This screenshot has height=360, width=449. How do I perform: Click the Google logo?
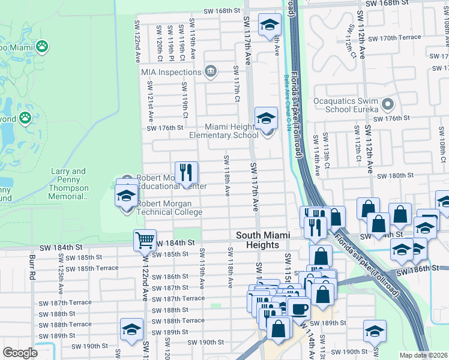tap(20, 353)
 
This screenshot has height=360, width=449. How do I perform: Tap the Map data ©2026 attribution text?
tap(424, 355)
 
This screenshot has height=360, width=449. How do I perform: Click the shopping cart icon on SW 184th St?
tap(145, 241)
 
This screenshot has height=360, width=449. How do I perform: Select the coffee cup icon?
tap(298, 308)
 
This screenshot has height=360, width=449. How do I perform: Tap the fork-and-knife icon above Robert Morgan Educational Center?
tap(186, 173)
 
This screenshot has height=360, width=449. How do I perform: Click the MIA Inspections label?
tap(171, 72)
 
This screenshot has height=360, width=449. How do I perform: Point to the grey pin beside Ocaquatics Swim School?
tap(388, 105)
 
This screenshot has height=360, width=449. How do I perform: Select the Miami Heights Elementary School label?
tap(224, 131)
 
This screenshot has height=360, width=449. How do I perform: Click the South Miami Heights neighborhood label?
tap(258, 241)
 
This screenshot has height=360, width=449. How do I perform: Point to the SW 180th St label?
tap(399, 176)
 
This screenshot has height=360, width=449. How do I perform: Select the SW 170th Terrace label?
tap(394, 38)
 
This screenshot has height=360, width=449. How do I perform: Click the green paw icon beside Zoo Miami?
tap(42, 46)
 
